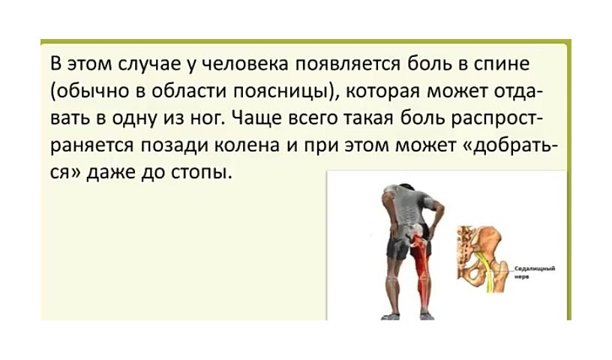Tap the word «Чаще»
pos(256,118)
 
